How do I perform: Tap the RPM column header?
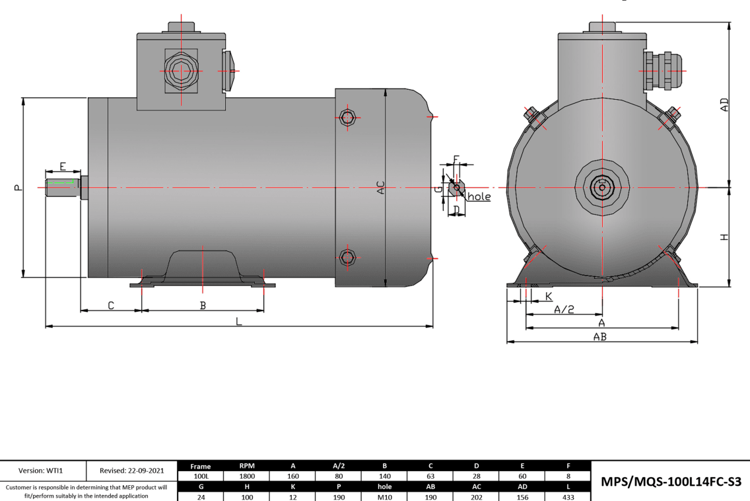(248, 466)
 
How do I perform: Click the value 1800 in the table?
(248, 475)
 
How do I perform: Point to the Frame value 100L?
(201, 475)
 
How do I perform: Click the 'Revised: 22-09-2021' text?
(133, 471)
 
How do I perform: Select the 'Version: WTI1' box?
(43, 471)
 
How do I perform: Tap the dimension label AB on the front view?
(599, 336)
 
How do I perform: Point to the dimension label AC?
(380, 188)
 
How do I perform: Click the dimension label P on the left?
(18, 188)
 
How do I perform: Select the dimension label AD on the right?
(724, 104)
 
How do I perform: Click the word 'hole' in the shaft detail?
(479, 197)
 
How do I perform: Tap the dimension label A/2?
(563, 309)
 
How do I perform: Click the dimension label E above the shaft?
(63, 166)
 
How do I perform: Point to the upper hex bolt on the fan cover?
(348, 118)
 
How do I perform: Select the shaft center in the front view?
(602, 188)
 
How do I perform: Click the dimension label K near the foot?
(549, 297)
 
